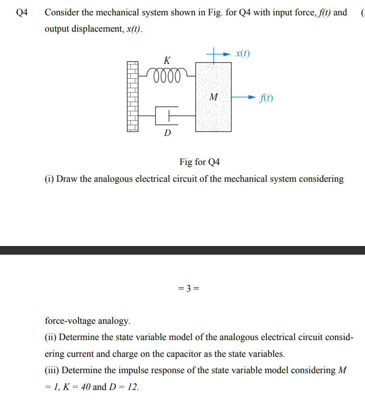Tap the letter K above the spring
[166, 60]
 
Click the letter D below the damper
[167, 132]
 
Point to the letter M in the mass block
[214, 97]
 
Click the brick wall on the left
[133, 96]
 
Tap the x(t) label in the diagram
[243, 53]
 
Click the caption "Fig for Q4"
[200, 162]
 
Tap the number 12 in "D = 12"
[131, 387]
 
